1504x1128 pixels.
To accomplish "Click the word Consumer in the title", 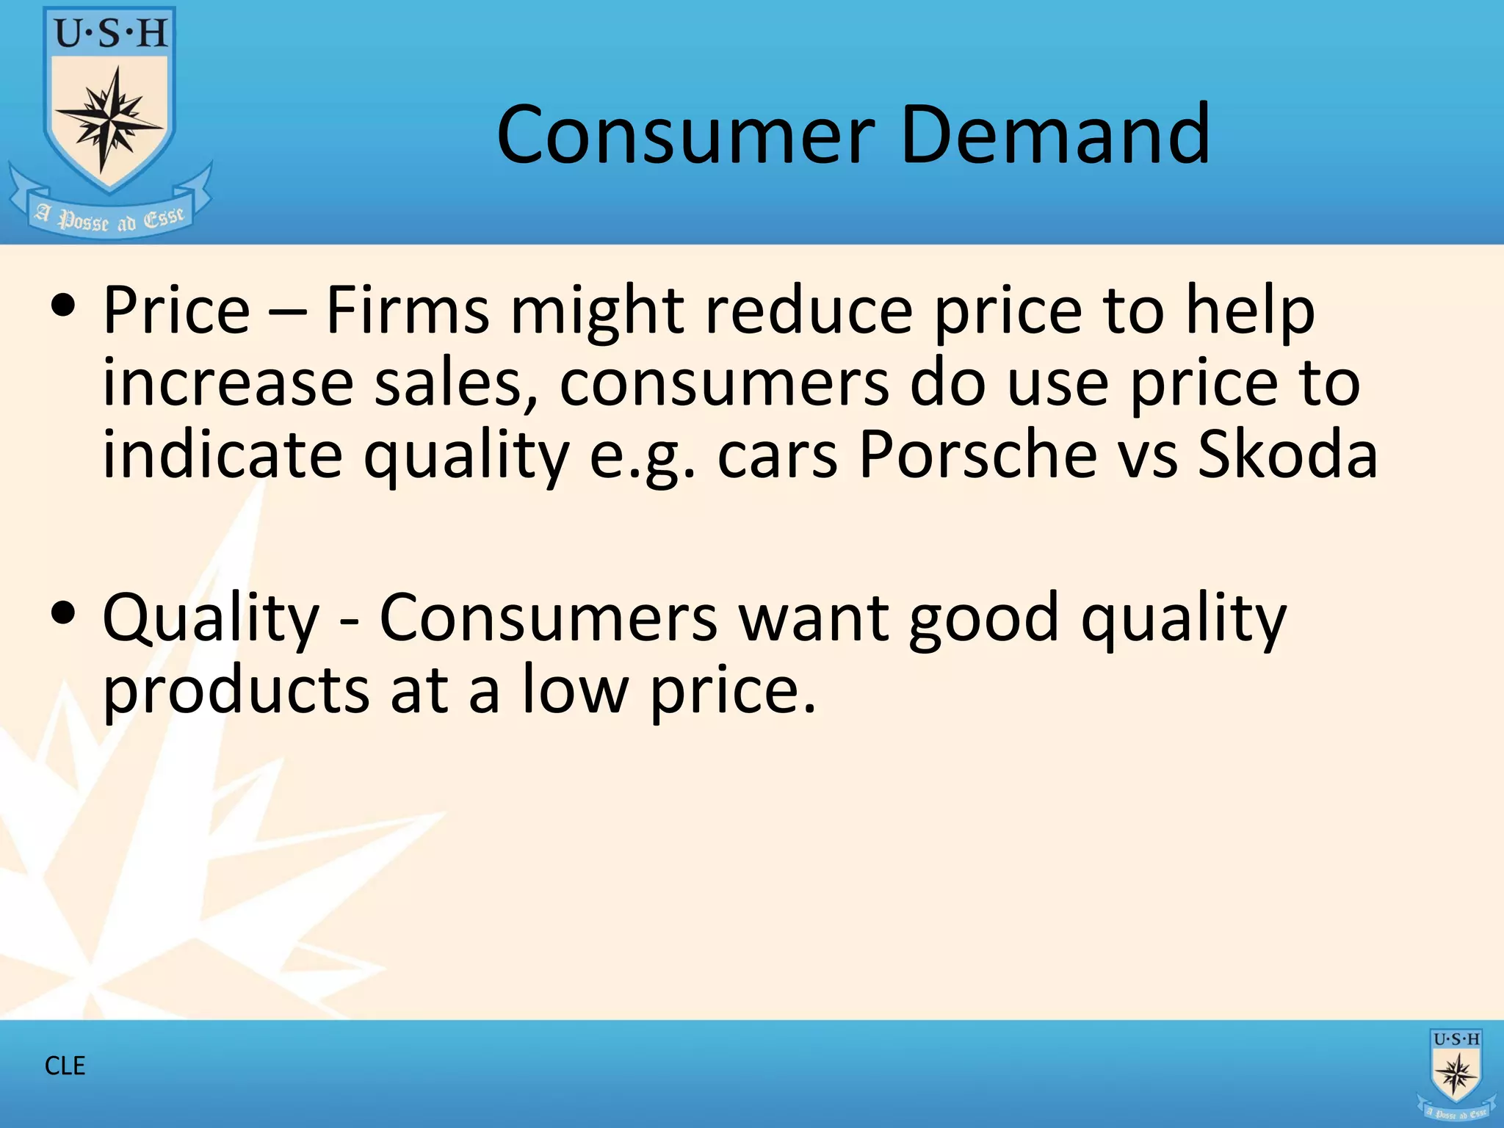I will pos(686,135).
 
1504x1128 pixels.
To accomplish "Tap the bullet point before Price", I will pos(64,306).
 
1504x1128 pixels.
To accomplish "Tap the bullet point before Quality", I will pos(64,612).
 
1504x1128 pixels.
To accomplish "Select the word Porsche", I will pos(977,455).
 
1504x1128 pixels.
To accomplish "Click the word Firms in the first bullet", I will pos(407,310).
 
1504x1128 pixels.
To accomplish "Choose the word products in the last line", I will pos(236,690).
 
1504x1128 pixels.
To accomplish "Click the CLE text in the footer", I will pos(65,1066).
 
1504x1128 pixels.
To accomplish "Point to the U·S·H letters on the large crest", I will pos(111,34).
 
